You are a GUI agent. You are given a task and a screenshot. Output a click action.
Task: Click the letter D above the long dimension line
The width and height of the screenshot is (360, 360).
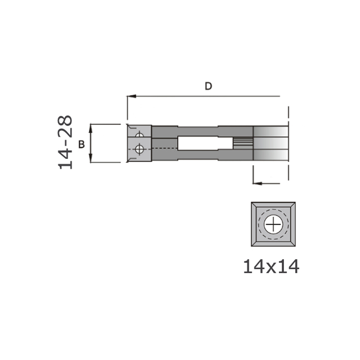point(208,86)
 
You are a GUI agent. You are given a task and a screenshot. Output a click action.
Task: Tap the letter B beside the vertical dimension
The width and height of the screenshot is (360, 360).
point(81,144)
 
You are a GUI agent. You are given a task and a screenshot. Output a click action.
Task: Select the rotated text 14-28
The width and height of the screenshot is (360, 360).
point(65,142)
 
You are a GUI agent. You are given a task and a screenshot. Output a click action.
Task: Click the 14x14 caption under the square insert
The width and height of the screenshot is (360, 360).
point(271,267)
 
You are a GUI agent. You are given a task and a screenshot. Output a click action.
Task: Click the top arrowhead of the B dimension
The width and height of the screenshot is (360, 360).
point(91,128)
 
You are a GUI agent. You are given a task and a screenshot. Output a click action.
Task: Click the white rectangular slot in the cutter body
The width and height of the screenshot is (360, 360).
point(198,144)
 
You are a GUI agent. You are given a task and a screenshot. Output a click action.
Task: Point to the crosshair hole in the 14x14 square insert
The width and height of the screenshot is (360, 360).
point(273,224)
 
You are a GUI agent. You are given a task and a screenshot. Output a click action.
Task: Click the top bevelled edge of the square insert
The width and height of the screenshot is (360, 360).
point(273,205)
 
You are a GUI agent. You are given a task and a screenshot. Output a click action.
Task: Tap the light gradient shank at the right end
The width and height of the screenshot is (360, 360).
point(271,143)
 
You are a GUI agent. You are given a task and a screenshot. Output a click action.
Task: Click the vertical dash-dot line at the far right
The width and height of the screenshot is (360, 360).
point(288,144)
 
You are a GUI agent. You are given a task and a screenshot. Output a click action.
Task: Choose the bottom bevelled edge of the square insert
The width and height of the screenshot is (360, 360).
point(273,243)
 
